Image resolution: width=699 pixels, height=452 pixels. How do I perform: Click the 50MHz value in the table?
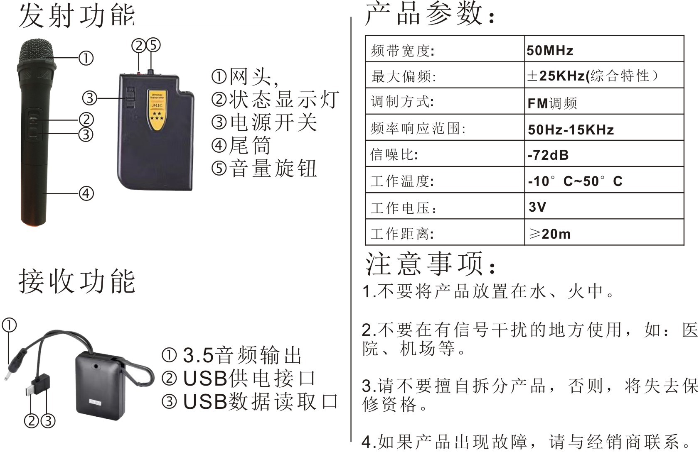(550, 50)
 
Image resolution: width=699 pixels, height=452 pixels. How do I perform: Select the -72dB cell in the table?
(548, 155)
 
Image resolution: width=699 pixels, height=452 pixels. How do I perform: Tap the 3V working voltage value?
(537, 207)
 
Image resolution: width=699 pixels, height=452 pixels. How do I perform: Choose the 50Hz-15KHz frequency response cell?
(571, 129)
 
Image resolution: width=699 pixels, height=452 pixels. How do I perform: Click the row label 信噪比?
(394, 155)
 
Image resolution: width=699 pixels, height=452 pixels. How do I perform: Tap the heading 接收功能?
(77, 281)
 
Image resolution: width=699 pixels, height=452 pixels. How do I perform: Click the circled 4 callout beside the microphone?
(86, 193)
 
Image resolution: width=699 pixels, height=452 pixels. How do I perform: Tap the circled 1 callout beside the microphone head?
(86, 58)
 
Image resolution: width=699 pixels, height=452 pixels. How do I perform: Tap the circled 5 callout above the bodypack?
(153, 45)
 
